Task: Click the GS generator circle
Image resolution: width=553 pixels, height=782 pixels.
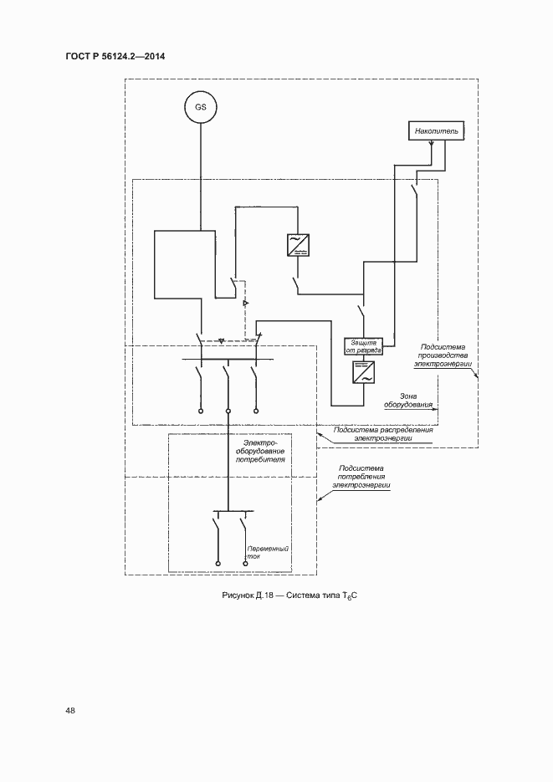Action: pyautogui.click(x=201, y=109)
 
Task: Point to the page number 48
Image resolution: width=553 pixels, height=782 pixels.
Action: pyautogui.click(x=70, y=710)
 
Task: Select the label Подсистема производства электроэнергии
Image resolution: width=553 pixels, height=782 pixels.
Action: pyautogui.click(x=443, y=356)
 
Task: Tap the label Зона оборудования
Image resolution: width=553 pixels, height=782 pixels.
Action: pyautogui.click(x=410, y=401)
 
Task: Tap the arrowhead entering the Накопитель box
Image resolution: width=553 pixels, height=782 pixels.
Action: pyautogui.click(x=432, y=145)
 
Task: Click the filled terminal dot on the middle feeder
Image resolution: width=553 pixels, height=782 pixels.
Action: pyautogui.click(x=228, y=411)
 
